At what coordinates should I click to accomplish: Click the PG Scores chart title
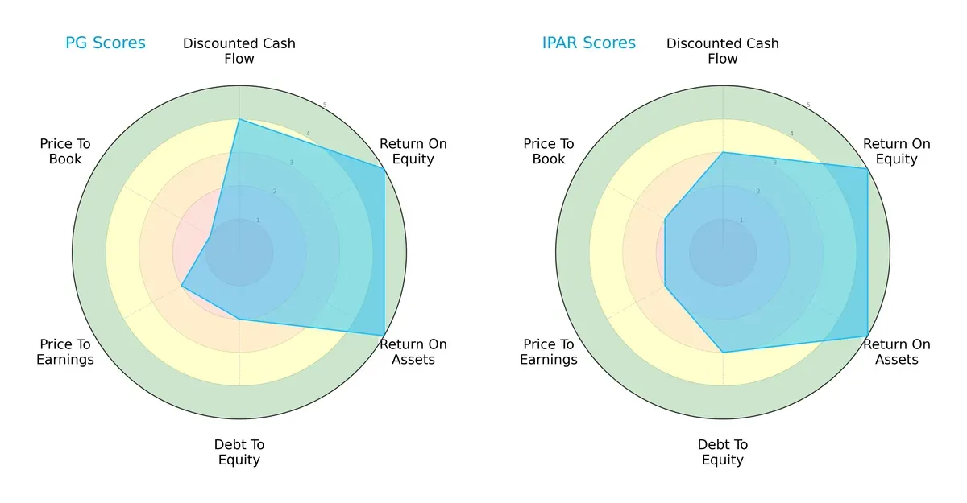pyautogui.click(x=106, y=43)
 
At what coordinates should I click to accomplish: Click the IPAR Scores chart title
pyautogui.click(x=589, y=43)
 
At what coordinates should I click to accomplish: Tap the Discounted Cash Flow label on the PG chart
pyautogui.click(x=239, y=51)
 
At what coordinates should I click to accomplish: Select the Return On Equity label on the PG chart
pyautogui.click(x=413, y=151)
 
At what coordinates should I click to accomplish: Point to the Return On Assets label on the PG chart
pyautogui.click(x=413, y=352)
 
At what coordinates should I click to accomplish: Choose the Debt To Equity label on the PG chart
pyautogui.click(x=239, y=452)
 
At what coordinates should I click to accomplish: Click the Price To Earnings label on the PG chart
pyautogui.click(x=65, y=352)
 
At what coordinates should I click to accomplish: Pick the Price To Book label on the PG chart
pyautogui.click(x=65, y=151)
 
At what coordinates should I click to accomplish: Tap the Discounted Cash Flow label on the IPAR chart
pyautogui.click(x=723, y=51)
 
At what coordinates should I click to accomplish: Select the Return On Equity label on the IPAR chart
pyautogui.click(x=897, y=151)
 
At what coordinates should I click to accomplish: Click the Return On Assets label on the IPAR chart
pyautogui.click(x=897, y=352)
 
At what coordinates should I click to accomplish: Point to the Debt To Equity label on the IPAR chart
pyautogui.click(x=723, y=452)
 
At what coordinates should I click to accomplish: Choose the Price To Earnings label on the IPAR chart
pyautogui.click(x=549, y=352)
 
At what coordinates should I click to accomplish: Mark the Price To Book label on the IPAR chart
pyautogui.click(x=549, y=151)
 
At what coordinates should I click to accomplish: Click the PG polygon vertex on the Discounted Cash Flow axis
pyautogui.click(x=239, y=119)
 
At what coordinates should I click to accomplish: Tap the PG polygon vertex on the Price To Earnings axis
pyautogui.click(x=181, y=286)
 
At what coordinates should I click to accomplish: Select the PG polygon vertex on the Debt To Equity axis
pyautogui.click(x=239, y=320)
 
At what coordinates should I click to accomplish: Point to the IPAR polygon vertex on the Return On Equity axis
pyautogui.click(x=867, y=168)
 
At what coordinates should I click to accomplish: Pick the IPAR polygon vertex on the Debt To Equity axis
pyautogui.click(x=723, y=353)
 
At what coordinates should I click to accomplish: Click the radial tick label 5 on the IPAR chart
pyautogui.click(x=808, y=105)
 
